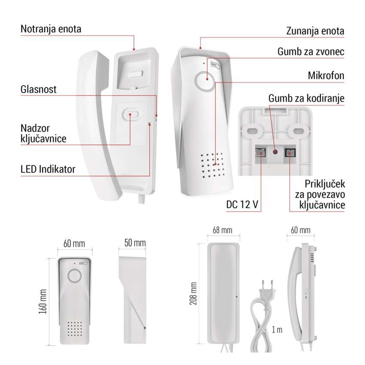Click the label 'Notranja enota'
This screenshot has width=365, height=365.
tap(51, 29)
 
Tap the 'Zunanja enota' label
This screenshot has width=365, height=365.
tap(315, 31)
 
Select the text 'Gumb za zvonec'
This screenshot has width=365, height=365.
tap(311, 52)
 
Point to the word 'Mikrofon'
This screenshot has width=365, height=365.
tap(326, 76)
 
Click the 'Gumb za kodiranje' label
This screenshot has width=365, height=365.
tap(306, 98)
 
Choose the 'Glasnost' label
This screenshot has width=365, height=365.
tap(38, 89)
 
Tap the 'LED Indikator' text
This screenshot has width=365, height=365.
tap(48, 169)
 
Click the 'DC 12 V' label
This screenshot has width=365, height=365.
tap(242, 204)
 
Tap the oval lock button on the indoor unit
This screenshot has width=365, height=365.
tap(130, 114)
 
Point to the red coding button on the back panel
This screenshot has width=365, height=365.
tap(275, 152)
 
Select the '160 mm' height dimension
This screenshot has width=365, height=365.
tap(43, 301)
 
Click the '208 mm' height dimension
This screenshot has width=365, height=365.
tap(193, 293)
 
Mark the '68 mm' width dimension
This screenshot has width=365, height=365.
tap(222, 230)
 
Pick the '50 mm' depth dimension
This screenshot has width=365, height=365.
tap(135, 243)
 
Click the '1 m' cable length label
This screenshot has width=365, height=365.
tap(277, 330)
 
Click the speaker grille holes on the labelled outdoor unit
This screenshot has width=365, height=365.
tap(212, 165)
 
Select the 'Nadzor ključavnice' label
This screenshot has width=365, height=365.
tap(43, 134)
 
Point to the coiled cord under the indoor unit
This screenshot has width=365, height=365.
tap(142, 198)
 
